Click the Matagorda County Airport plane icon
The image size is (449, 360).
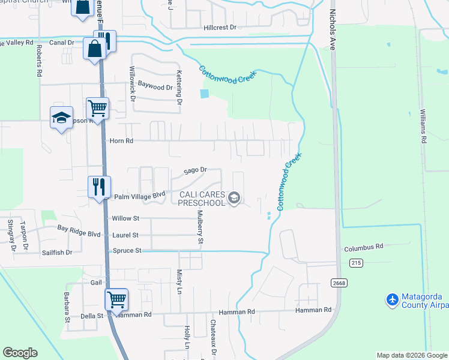click(x=393, y=299)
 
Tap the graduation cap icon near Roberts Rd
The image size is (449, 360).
click(x=61, y=118)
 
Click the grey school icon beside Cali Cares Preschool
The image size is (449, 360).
click(x=235, y=199)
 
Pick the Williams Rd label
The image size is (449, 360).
click(x=423, y=126)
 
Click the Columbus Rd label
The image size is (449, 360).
click(x=363, y=247)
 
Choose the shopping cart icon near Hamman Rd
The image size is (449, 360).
click(x=116, y=299)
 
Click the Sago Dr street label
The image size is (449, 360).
click(x=195, y=170)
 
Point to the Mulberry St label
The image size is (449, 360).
click(x=201, y=227)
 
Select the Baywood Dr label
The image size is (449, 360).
click(x=155, y=86)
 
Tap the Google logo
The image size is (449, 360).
click(x=20, y=353)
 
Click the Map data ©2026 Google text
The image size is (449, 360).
click(x=411, y=355)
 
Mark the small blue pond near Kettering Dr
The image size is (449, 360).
click(x=206, y=94)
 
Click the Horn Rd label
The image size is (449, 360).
click(x=121, y=141)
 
